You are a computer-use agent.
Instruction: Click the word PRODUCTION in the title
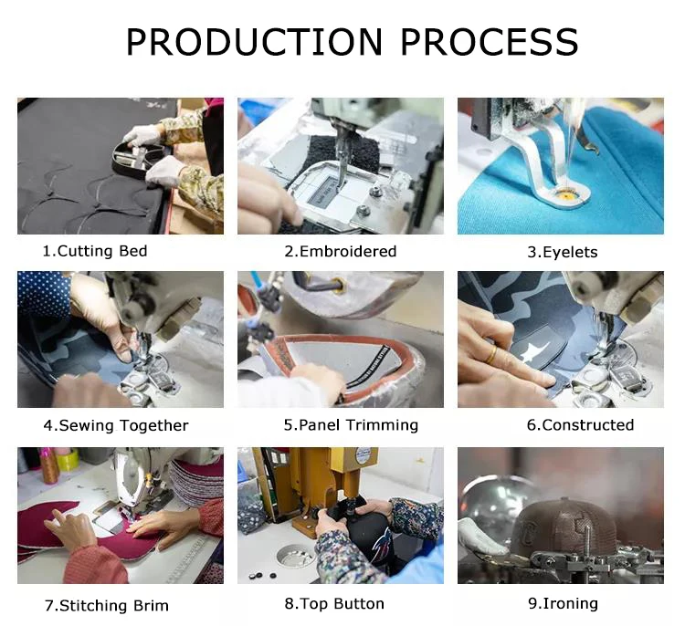point(254,41)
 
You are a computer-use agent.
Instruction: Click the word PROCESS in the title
point(490,41)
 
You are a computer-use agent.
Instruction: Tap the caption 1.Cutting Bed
point(95,251)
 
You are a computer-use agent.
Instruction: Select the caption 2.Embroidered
point(341,251)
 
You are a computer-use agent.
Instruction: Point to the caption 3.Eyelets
point(563,252)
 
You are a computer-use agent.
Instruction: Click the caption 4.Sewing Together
point(116,425)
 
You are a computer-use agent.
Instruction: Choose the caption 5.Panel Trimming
point(351,424)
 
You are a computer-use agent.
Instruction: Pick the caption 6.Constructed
point(580,424)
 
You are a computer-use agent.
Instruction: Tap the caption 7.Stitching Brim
point(107,606)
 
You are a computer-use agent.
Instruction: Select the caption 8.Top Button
point(334,603)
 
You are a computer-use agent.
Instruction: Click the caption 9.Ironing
point(563,603)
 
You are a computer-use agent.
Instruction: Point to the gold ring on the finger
point(492,355)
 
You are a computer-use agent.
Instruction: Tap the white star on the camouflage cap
point(529,351)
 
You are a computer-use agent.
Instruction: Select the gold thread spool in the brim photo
point(49,465)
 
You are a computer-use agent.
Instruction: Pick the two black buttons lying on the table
point(262,576)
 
